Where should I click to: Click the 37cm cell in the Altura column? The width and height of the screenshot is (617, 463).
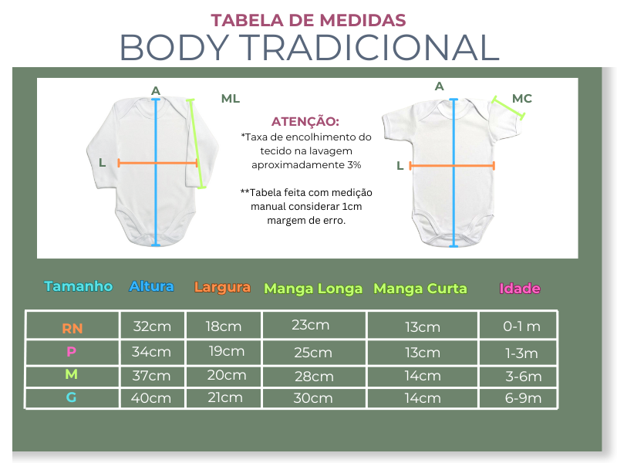151,376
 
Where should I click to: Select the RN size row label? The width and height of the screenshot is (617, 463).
72,329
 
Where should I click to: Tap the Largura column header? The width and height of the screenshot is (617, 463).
222,287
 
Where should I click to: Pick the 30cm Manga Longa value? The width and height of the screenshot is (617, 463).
313,398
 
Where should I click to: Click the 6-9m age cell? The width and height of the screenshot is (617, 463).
524,398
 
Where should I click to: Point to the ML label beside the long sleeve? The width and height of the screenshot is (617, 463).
231,99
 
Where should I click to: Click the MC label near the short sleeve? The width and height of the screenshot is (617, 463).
522,99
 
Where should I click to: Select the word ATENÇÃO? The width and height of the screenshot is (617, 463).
305,121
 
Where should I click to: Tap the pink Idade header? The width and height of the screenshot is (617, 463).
520,289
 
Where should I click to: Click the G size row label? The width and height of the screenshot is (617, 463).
71,397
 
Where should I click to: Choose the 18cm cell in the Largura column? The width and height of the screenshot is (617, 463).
224,326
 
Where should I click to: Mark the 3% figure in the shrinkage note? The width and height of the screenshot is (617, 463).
354,165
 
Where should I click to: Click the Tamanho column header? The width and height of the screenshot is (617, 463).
79,286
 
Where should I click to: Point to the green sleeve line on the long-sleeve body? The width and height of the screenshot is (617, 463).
197,144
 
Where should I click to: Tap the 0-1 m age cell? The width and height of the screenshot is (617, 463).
522,326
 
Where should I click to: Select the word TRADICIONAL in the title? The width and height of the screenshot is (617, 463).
369,47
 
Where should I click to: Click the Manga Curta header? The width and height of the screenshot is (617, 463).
420,289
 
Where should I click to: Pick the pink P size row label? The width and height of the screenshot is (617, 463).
71,351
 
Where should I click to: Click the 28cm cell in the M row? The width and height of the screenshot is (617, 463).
314,377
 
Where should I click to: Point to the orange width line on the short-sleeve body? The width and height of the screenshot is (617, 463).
452,166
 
